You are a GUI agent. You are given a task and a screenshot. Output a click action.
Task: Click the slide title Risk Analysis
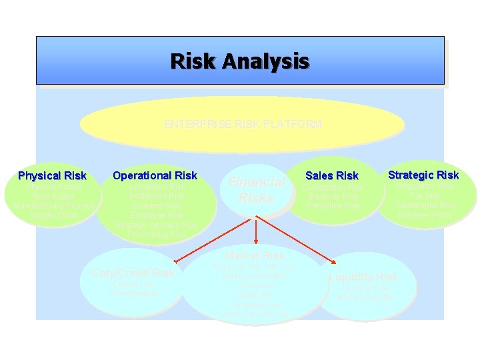[240, 61]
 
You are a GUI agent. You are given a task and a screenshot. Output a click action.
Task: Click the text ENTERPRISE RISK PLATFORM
[243, 124]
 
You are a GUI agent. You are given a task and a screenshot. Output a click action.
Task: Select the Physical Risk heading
[52, 176]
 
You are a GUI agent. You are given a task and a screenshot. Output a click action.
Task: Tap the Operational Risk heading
[155, 175]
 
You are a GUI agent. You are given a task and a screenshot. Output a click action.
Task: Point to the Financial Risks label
[257, 190]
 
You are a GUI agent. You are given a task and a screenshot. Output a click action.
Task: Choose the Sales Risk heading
[332, 175]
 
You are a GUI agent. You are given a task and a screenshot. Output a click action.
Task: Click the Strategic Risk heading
[423, 175]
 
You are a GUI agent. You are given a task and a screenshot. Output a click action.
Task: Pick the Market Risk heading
[255, 255]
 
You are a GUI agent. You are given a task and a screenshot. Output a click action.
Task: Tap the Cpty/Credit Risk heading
[133, 273]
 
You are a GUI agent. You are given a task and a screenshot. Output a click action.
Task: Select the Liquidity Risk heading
[363, 277]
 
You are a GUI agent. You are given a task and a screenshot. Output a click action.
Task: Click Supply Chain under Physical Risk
[53, 215]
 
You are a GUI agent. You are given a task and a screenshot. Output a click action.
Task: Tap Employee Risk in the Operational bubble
[155, 215]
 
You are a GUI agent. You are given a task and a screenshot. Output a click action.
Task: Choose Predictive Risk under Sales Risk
[333, 206]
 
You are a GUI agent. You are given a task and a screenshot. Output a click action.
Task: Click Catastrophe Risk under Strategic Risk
[425, 206]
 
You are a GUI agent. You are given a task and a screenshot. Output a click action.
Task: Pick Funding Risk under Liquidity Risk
[365, 288]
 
